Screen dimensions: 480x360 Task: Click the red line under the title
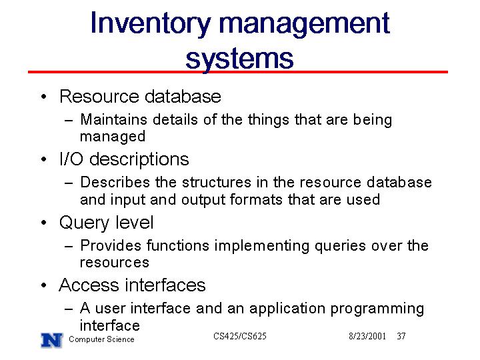click(x=238, y=72)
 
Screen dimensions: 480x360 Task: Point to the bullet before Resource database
click(x=44, y=97)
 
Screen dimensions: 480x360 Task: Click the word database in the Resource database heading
click(x=183, y=97)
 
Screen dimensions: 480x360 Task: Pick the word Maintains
click(x=113, y=119)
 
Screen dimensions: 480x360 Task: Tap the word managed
click(x=113, y=137)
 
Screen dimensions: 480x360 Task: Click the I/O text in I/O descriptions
click(x=71, y=159)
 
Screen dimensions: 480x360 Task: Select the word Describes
click(x=115, y=182)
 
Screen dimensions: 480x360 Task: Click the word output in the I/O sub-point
click(x=203, y=200)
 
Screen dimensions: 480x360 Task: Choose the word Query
click(x=85, y=223)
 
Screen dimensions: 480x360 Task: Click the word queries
click(x=340, y=246)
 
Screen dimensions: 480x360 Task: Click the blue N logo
click(x=52, y=340)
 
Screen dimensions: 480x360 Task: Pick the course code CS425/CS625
click(x=240, y=336)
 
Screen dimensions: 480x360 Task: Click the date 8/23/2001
click(x=367, y=336)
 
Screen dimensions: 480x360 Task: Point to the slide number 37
click(x=401, y=336)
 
